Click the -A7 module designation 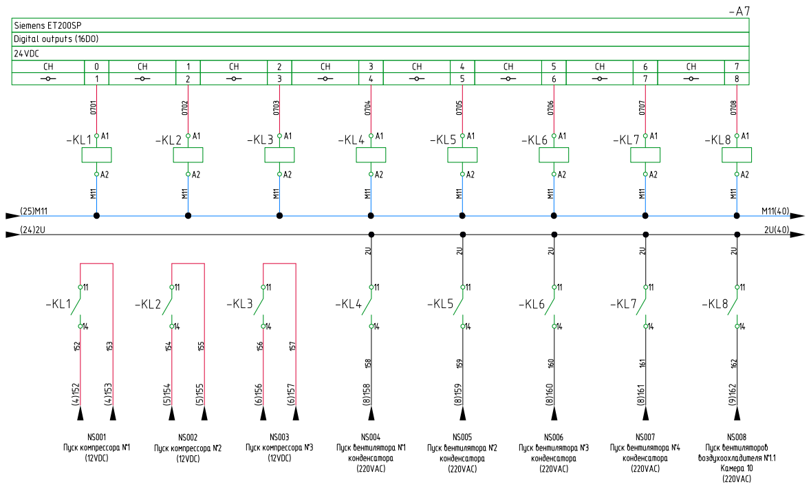point(739,11)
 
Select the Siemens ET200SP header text point(47,25)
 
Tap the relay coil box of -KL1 point(97,155)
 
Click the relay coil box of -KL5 point(462,155)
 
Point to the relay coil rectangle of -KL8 point(737,155)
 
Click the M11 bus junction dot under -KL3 point(279,215)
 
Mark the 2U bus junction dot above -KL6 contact point(554,235)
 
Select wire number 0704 point(367,107)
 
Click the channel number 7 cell point(737,67)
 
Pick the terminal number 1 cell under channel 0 point(97,79)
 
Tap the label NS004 point(371,437)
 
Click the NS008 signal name point(737,437)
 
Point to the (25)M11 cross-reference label point(34,211)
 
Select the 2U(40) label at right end point(777,230)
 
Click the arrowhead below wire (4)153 point(113,413)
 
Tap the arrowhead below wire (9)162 point(737,413)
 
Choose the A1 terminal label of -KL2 point(196,136)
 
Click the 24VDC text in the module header point(26,54)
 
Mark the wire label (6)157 point(292,394)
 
